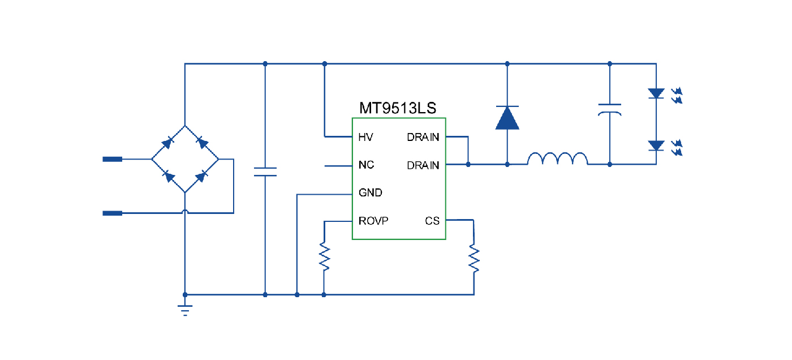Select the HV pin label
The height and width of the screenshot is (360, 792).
[365, 137]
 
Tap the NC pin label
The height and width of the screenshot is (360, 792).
[366, 165]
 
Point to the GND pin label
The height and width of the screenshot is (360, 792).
[370, 193]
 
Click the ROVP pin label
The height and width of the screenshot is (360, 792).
[373, 221]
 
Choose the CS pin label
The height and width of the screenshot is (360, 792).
[432, 221]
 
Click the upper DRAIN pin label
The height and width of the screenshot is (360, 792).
[423, 137]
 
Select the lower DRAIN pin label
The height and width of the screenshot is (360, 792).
[423, 165]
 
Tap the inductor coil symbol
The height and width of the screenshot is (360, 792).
[557, 159]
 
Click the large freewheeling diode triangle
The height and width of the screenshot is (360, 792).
[507, 118]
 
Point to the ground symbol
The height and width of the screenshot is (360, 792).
[185, 310]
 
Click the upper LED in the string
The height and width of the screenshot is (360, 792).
[656, 93]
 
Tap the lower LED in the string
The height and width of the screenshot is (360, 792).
[656, 145]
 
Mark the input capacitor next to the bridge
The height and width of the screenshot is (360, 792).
[265, 172]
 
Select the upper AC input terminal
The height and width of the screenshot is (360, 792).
[112, 159]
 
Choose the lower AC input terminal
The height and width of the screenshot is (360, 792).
[112, 213]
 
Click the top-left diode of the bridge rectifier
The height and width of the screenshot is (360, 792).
[168, 143]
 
